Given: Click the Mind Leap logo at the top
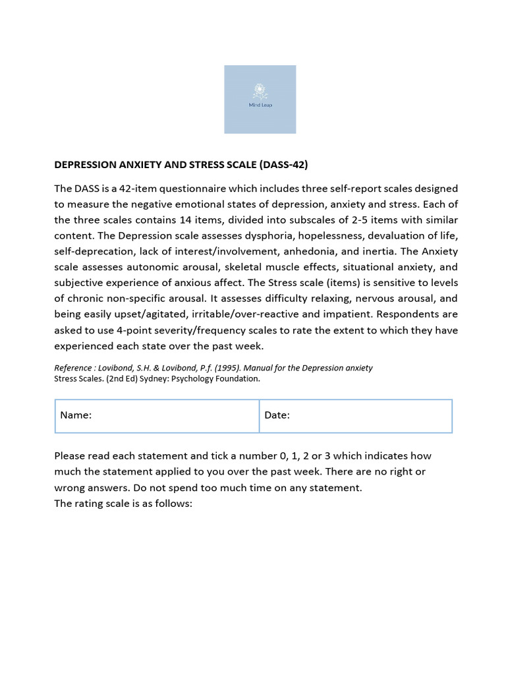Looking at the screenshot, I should point(260,99).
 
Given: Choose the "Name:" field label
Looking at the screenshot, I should point(76,415).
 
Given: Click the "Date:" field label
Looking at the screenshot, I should point(277,415).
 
